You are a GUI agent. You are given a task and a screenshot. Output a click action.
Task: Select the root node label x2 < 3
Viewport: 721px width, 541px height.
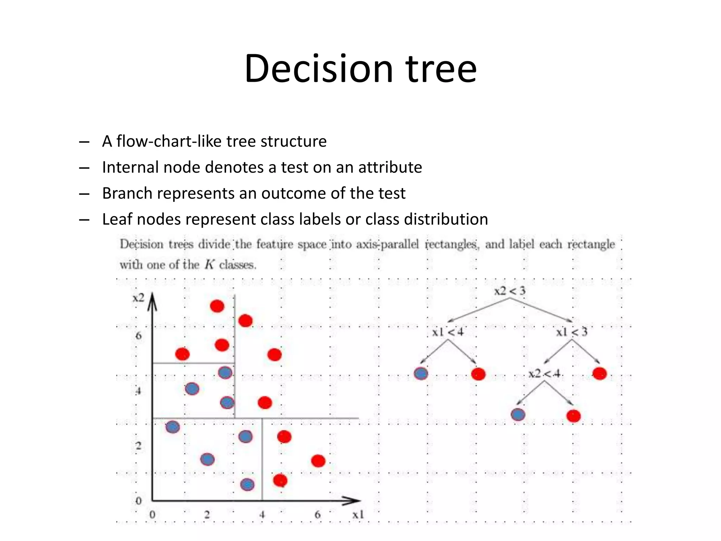click(509, 291)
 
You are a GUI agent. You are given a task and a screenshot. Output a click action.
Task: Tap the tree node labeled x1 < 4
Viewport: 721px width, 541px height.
click(448, 332)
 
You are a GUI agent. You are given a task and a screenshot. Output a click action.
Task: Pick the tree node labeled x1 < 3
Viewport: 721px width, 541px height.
click(572, 332)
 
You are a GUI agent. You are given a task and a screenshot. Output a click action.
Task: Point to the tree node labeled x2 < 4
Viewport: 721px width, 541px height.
click(544, 373)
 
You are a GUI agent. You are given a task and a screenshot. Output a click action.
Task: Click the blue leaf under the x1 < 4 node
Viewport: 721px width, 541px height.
click(421, 374)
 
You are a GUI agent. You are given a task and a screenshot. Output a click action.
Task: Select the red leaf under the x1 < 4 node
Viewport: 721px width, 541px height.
click(478, 374)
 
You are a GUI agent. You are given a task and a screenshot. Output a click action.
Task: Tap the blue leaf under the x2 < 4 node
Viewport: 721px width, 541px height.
click(518, 415)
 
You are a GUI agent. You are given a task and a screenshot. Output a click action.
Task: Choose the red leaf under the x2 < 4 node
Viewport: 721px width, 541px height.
click(573, 416)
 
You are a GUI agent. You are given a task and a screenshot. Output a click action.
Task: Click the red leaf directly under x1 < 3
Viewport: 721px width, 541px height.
click(600, 373)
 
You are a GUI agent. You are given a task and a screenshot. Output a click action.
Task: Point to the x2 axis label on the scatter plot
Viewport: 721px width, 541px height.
click(138, 298)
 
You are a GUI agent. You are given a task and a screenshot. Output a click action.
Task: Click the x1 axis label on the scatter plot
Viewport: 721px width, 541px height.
click(358, 515)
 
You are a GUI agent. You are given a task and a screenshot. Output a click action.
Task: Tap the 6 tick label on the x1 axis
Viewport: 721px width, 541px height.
click(318, 515)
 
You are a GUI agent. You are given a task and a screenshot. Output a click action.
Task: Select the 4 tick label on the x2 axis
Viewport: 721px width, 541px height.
click(138, 391)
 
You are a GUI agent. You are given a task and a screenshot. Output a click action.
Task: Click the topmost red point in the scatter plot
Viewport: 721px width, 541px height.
click(217, 306)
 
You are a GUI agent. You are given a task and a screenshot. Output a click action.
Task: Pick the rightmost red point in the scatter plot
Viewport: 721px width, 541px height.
click(318, 461)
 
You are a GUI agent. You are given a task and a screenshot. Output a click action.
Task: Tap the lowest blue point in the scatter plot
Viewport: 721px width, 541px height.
click(247, 485)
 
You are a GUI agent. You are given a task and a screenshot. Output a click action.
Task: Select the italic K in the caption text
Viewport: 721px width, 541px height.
click(209, 265)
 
